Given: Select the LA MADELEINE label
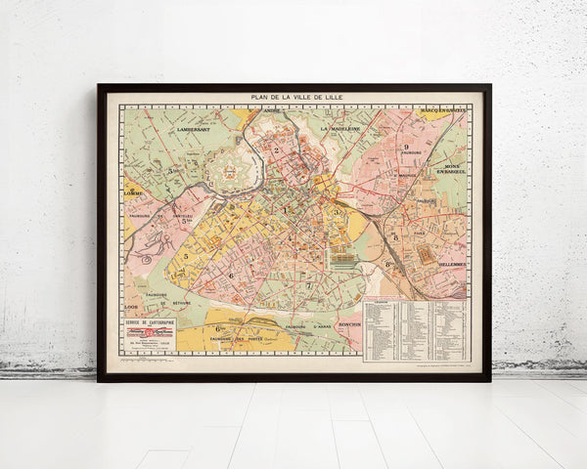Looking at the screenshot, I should (x=339, y=127).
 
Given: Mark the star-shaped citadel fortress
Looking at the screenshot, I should (x=232, y=170).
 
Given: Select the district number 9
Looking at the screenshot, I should (x=405, y=147).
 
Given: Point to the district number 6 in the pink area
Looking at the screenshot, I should (x=231, y=275).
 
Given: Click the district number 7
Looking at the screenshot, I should (x=308, y=284).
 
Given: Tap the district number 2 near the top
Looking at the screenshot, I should (x=278, y=149).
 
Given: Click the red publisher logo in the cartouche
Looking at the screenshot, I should (x=148, y=333).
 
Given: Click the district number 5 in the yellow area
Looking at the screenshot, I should (x=185, y=256).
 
